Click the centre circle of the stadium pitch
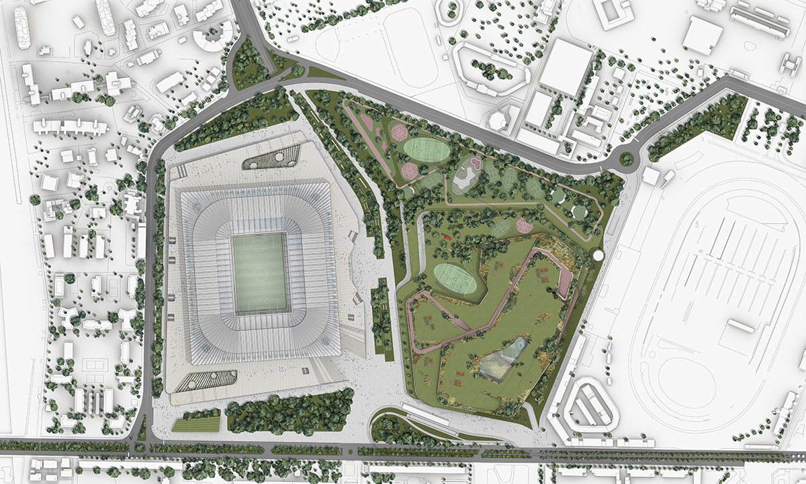pos(262,274)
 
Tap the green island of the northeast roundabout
pos(627,159)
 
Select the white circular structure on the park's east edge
pos(598,254)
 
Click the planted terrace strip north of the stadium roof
pos(273,159)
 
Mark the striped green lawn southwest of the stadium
pos(196,424)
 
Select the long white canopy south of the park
pos(426,414)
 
